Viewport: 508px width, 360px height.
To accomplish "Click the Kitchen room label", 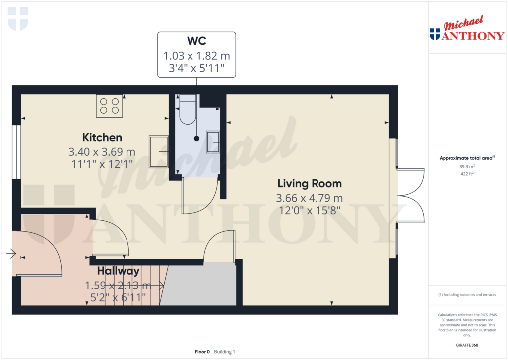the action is coord(102,137).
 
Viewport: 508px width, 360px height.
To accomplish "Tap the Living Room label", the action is coord(310,184).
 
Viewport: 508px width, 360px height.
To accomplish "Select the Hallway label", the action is coord(118,271).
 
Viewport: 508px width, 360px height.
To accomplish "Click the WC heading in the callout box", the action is coord(196,41).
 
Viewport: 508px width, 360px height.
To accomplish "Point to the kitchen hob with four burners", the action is coord(110,106).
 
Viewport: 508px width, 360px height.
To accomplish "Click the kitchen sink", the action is coord(158,151).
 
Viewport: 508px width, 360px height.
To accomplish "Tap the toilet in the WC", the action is coord(188,110).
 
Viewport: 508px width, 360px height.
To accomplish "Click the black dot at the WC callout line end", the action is coord(196,139).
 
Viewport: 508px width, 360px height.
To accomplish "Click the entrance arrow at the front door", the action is coord(11,253).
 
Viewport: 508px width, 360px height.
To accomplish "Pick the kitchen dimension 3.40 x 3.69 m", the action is coord(102,152).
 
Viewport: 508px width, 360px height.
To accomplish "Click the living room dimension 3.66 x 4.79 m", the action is coord(310,198).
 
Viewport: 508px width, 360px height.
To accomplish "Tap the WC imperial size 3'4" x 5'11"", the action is coord(196,68).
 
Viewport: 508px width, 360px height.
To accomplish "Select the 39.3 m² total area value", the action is coord(467,166).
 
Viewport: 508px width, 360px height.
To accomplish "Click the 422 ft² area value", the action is coord(467,174).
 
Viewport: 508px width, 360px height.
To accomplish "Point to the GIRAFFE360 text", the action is coord(467,345).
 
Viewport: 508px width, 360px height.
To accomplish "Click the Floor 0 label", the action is coord(202,352).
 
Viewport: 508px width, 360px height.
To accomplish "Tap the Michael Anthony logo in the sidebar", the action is coord(467,28).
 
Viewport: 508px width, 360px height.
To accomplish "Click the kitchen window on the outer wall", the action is coord(16,152).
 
